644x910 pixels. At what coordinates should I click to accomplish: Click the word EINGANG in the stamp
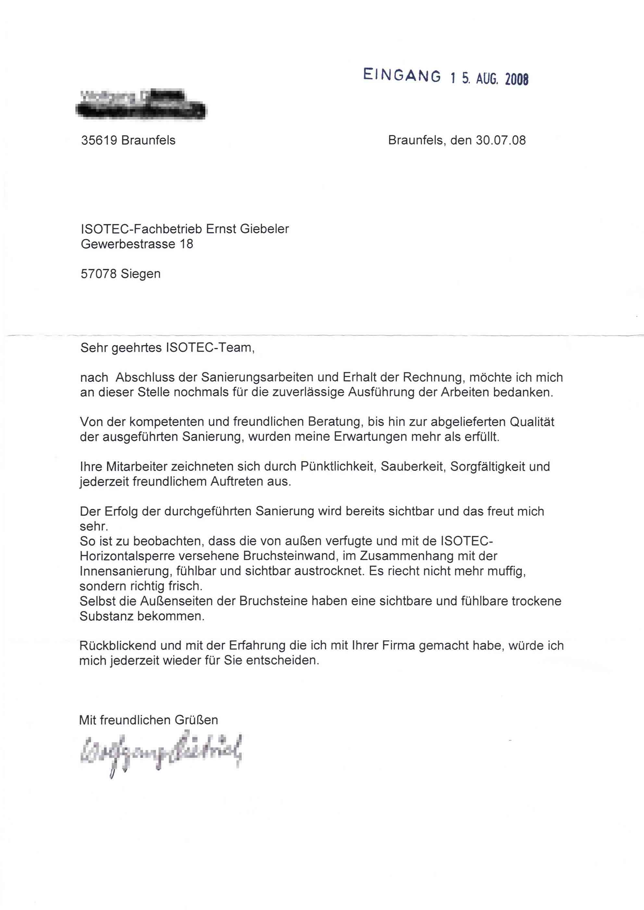402,75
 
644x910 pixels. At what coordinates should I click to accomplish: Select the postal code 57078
99,274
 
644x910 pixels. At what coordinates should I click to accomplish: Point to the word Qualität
532,422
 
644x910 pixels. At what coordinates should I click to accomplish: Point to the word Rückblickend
118,646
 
